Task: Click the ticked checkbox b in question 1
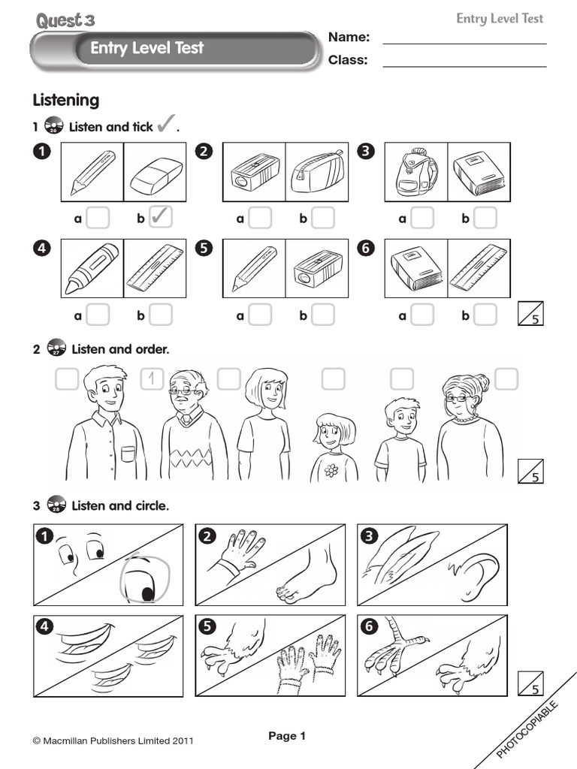coord(161,218)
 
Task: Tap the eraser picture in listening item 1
coord(156,173)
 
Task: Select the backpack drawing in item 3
coord(416,173)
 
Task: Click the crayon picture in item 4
coord(92,268)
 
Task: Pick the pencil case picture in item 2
coord(316,173)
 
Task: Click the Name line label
coord(349,38)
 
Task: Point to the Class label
coord(348,60)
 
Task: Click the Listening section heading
coord(65,100)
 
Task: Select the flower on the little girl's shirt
coord(331,470)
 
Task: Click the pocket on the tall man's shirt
coord(127,454)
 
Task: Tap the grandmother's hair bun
coord(479,383)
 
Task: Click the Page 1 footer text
coord(287,737)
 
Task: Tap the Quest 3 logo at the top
coord(65,20)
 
